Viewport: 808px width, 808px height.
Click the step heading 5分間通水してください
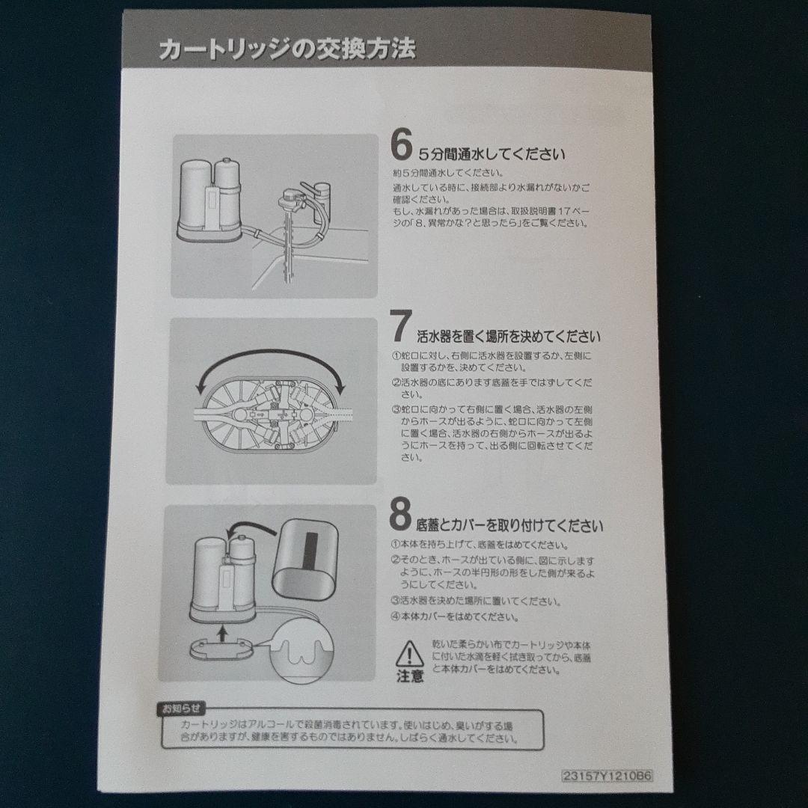(491, 155)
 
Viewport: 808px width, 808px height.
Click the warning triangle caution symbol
(409, 653)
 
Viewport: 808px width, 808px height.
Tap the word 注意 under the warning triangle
(409, 677)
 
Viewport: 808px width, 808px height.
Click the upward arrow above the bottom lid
(222, 635)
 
